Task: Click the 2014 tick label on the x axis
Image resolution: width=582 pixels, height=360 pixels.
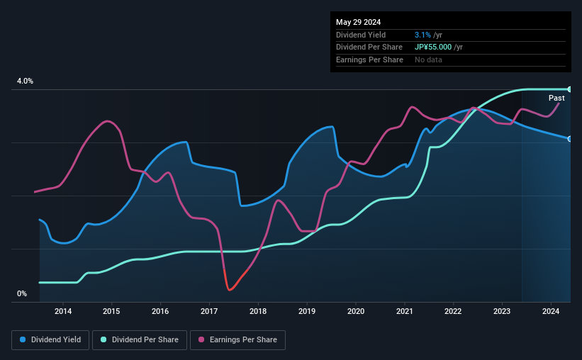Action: [63, 311]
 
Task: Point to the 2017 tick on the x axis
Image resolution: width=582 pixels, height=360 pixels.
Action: [209, 311]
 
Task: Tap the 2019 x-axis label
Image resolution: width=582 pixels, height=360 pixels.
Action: [307, 311]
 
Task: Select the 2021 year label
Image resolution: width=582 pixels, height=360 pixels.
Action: [405, 311]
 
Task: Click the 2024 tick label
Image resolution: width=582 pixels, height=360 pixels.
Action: [552, 311]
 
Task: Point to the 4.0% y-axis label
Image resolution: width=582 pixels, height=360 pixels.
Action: [26, 81]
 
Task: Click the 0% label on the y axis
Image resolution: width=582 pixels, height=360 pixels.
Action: [22, 294]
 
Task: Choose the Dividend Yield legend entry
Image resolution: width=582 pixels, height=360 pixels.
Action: [50, 340]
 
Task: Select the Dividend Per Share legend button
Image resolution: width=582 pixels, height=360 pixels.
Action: [142, 340]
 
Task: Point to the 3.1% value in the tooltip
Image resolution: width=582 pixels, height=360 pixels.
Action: [422, 35]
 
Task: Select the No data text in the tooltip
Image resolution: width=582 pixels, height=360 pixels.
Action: [429, 60]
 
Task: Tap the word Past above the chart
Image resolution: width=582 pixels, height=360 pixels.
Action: [556, 98]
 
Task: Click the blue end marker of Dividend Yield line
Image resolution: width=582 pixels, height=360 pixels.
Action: [570, 138]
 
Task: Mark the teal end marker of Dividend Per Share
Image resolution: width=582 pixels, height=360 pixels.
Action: [570, 89]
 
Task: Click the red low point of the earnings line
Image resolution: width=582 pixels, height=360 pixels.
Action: [230, 289]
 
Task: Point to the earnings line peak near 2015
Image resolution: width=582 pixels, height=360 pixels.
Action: [106, 121]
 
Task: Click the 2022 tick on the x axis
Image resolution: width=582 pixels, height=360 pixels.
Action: [454, 311]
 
